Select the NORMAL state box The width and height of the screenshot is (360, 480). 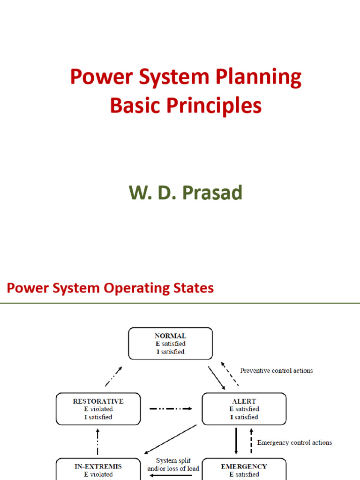170,344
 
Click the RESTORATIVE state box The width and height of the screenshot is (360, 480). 98,409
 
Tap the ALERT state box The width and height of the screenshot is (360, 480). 244,409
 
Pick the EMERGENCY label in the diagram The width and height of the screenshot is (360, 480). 244,466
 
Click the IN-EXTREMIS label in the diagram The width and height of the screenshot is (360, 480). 98,466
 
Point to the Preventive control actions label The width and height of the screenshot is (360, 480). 277,370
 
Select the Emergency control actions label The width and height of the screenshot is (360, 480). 294,442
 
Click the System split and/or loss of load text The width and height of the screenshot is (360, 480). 173,465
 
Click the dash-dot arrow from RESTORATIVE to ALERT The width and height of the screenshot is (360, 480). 171,409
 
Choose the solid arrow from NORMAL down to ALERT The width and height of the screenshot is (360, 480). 217,377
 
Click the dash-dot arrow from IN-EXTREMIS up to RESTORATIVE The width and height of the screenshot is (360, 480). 98,442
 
